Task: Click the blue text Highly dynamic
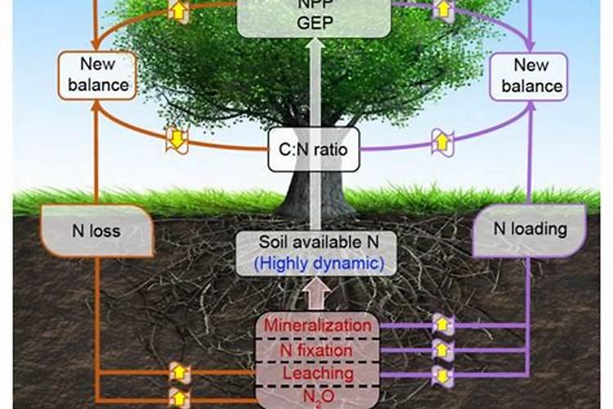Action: [316, 264]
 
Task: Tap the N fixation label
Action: [316, 349]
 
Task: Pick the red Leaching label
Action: [316, 372]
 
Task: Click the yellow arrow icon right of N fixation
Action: [442, 350]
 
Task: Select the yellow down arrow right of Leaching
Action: [442, 375]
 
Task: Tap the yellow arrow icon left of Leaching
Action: [179, 374]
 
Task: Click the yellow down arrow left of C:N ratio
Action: [177, 138]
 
